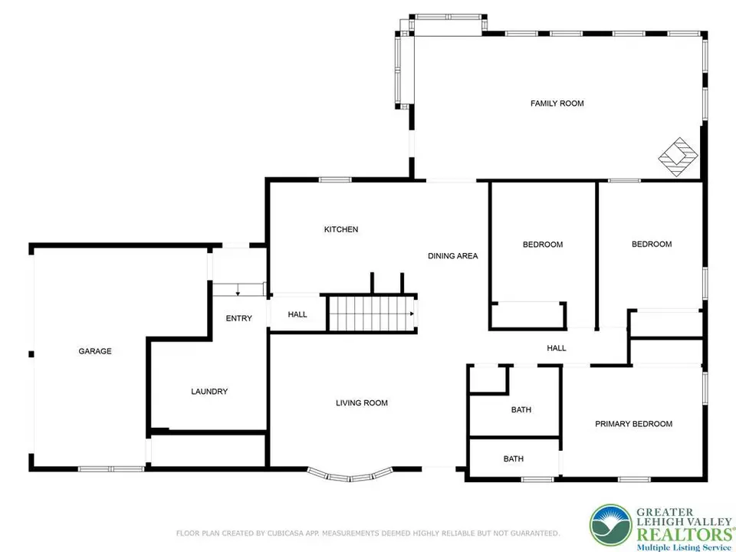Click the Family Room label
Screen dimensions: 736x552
(x=557, y=103)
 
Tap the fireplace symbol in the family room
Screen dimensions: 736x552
(x=678, y=156)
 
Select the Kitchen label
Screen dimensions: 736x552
(x=341, y=229)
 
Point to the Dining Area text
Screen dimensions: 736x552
(x=453, y=256)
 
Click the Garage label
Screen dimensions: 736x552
(x=95, y=351)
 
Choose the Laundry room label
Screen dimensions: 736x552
(x=209, y=392)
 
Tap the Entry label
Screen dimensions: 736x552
(x=239, y=318)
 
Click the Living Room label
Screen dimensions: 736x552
(x=362, y=402)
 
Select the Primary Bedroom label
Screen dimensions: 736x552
(x=634, y=424)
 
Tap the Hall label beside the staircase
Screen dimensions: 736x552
(x=297, y=314)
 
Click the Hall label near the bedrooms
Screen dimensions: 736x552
(x=557, y=348)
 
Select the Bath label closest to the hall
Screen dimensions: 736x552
(x=521, y=409)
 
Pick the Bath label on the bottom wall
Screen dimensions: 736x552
(x=514, y=458)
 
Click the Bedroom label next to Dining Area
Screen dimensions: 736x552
(x=543, y=245)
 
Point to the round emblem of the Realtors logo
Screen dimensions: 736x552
(x=611, y=526)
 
